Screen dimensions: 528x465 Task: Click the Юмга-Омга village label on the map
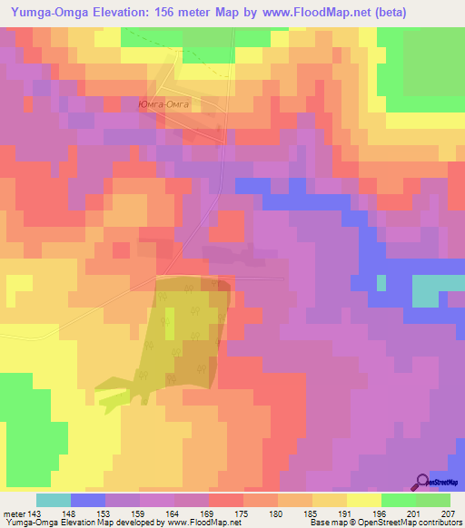(164, 105)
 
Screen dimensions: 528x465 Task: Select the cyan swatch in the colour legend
(54, 500)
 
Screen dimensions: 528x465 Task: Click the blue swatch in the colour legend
(88, 500)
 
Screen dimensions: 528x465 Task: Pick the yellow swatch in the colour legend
(364, 500)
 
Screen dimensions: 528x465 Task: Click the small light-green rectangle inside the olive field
(170, 319)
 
